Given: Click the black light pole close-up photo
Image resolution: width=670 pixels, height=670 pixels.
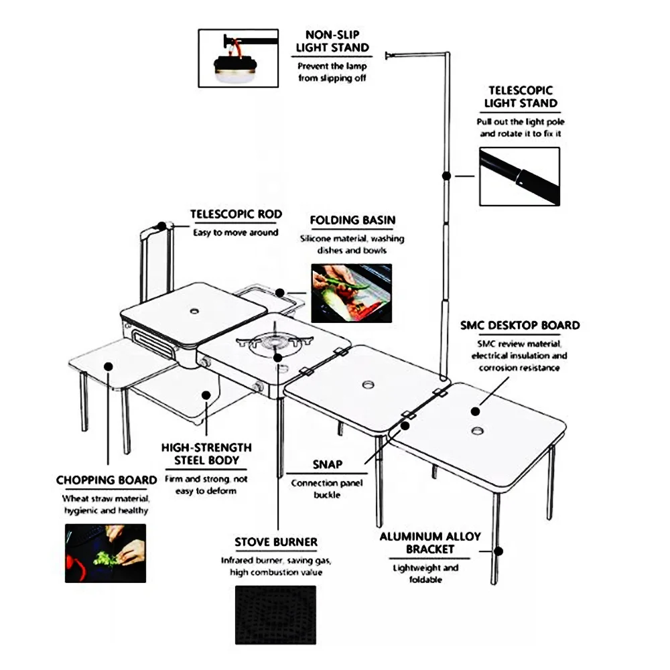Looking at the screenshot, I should point(519,176).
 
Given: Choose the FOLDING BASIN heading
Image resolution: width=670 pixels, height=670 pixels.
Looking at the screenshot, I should point(352,220).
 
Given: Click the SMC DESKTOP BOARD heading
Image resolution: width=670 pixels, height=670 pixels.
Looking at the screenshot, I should point(519,326).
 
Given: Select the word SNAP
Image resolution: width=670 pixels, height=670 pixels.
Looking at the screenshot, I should point(328,464).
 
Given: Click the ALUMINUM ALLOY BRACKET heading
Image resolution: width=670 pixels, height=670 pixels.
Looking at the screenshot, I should point(430,543).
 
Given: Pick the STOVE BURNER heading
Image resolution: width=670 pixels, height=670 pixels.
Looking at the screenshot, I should point(276,541).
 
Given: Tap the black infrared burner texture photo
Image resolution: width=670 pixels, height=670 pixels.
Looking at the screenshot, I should point(275,615).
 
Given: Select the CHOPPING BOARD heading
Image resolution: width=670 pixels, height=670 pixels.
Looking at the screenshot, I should point(107,480).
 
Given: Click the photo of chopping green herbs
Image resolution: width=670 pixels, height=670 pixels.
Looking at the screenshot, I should point(105,553).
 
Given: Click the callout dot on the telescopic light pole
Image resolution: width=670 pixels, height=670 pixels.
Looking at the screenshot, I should point(446,176).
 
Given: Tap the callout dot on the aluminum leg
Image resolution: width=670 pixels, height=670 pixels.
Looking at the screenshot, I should point(498,551).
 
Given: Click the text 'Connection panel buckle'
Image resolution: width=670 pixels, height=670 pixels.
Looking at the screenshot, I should point(328,488).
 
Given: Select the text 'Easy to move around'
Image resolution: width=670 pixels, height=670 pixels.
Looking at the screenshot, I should point(226,232).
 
